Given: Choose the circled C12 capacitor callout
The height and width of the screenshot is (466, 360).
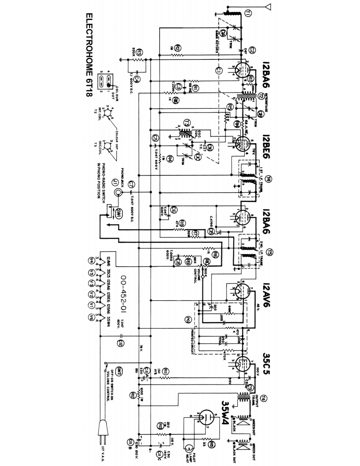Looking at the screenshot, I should pos(120,343).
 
